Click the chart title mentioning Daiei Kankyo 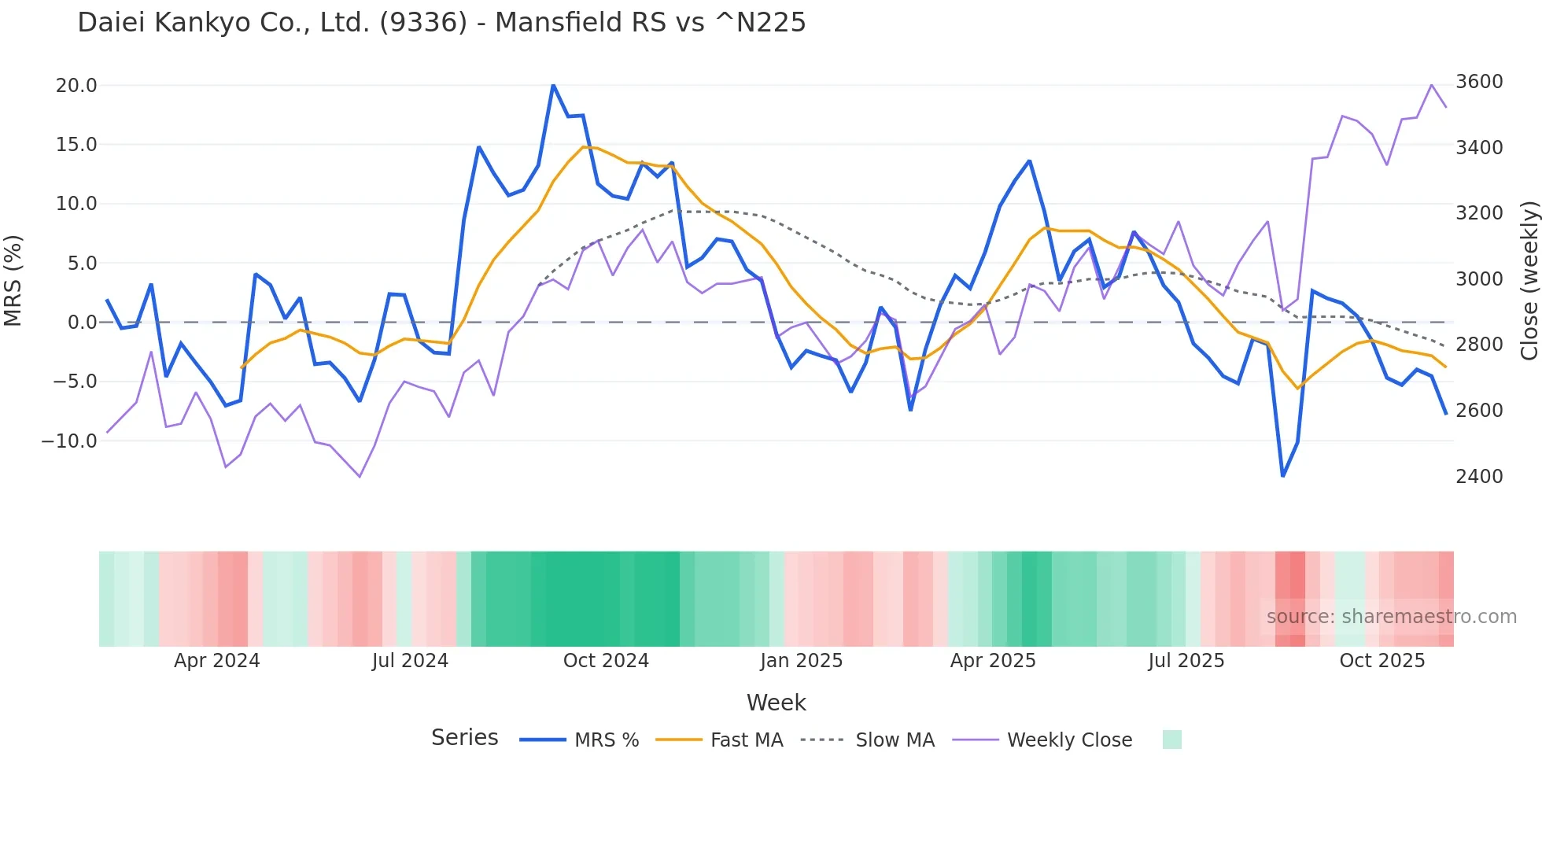click(x=441, y=23)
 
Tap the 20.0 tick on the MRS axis click(x=76, y=85)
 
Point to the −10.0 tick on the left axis click(x=69, y=441)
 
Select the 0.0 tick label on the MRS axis click(x=82, y=322)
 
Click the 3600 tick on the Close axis click(x=1479, y=82)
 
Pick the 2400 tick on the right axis click(x=1479, y=476)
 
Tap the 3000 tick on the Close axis click(x=1479, y=279)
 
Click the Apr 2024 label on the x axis click(x=216, y=661)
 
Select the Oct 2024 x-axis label click(x=606, y=661)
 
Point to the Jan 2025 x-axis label click(x=801, y=661)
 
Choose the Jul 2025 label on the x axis click(x=1186, y=661)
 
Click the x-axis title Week click(x=776, y=703)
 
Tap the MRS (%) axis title click(x=13, y=280)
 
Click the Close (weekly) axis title click(x=1529, y=280)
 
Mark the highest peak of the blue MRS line click(x=553, y=85)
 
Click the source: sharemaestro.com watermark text click(x=1391, y=617)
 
